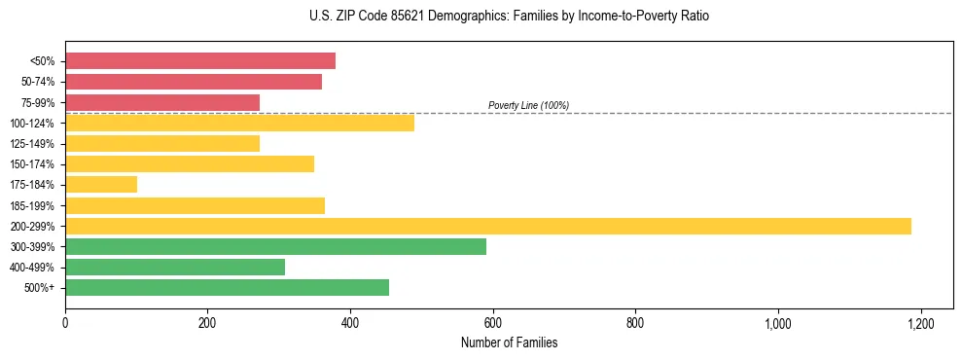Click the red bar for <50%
pos(200,61)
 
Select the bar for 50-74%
pos(194,82)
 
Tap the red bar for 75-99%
pos(162,102)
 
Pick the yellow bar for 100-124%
pos(239,123)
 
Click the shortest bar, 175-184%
pos(101,184)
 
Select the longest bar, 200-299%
pos(488,226)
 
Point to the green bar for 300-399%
pos(275,246)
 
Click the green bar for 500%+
pos(227,287)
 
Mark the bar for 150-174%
pos(190,163)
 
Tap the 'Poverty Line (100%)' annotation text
pos(528,105)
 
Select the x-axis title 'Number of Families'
pos(509,342)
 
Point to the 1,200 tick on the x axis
pos(920,323)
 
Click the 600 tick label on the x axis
pos(493,323)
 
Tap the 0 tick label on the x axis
pos(65,323)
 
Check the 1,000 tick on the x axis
pos(778,323)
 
